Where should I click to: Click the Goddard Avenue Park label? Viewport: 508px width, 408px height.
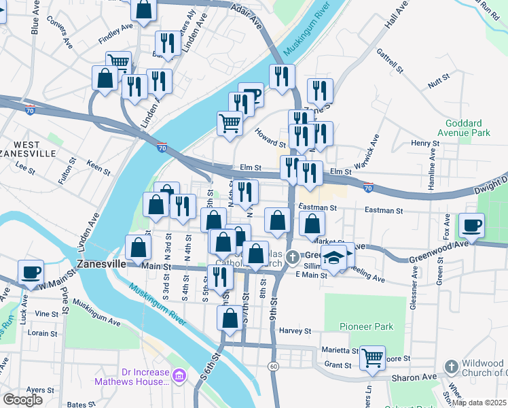(467, 129)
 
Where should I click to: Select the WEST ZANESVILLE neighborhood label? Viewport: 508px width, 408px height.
(26, 149)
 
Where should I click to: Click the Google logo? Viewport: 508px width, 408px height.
(22, 399)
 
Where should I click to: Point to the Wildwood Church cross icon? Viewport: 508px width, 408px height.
(451, 367)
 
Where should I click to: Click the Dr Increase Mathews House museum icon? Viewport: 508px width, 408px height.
(179, 375)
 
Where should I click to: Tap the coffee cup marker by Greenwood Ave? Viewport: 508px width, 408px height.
(471, 224)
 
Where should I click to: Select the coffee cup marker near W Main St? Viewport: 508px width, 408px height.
(31, 272)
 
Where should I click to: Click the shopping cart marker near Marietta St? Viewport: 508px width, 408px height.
(372, 356)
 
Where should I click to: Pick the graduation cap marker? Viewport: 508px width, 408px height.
(334, 257)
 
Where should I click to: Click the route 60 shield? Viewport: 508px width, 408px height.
(274, 366)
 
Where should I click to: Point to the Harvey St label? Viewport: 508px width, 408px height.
(294, 331)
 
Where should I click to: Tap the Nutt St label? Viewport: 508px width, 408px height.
(435, 84)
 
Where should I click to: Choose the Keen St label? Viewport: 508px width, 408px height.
(98, 167)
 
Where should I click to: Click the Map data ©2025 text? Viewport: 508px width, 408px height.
(479, 403)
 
